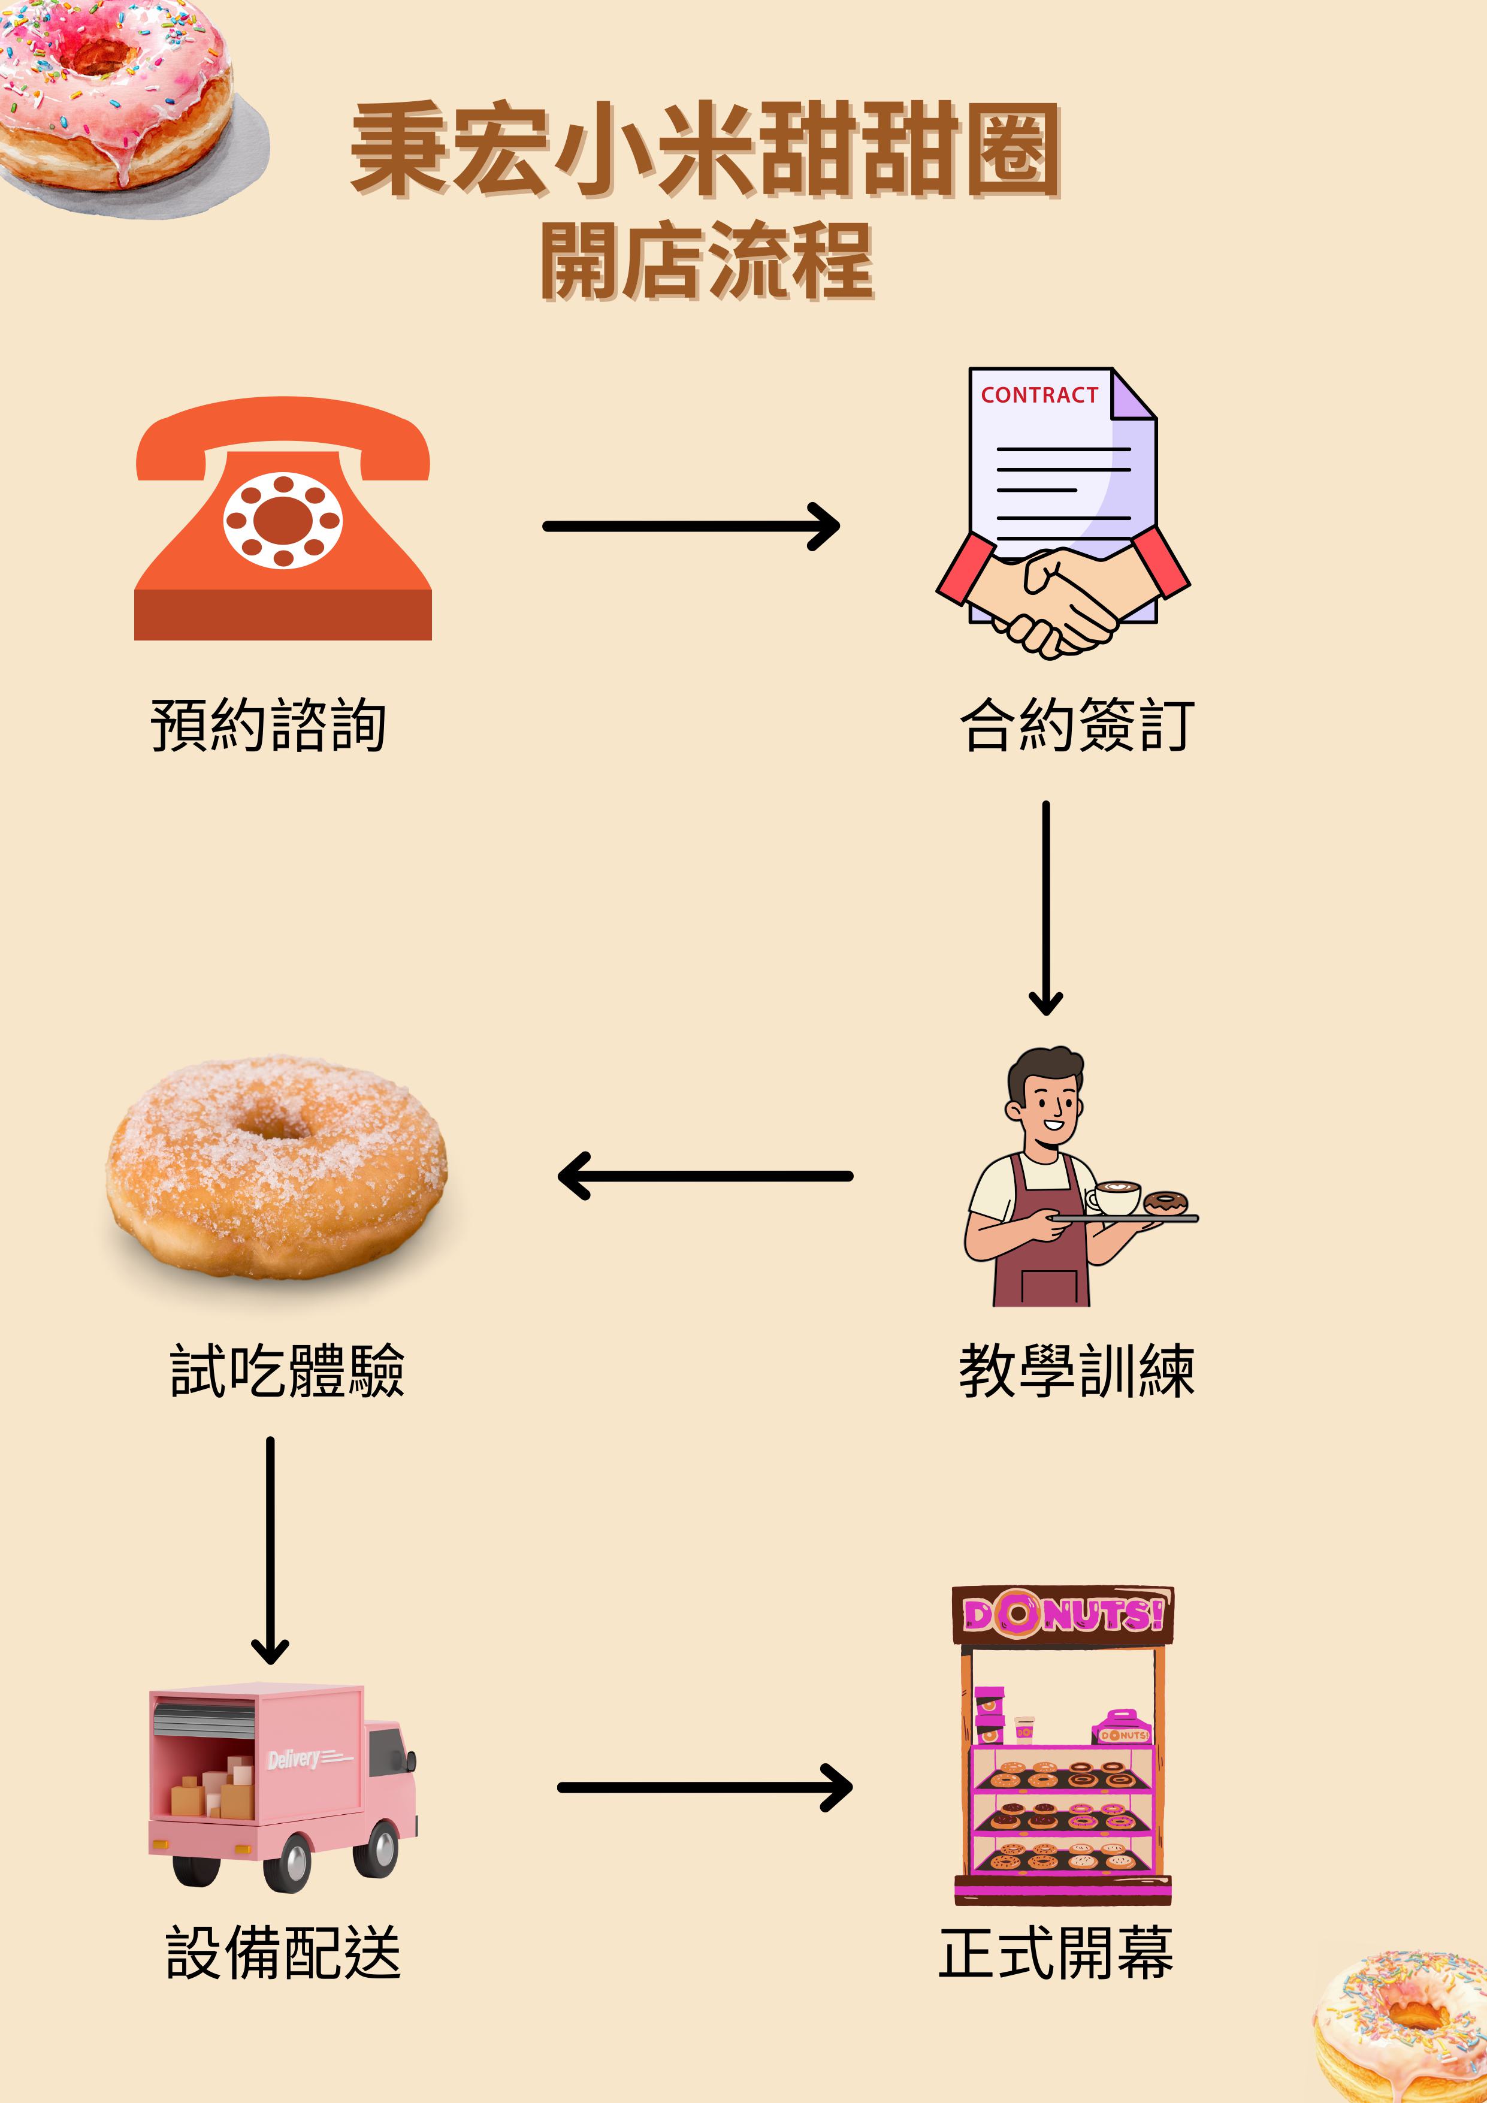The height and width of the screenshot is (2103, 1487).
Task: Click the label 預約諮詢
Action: [268, 726]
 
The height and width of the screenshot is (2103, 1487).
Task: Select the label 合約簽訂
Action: [1077, 726]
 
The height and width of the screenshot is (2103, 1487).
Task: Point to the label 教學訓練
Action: [1077, 1371]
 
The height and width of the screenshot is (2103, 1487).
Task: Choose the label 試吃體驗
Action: [286, 1371]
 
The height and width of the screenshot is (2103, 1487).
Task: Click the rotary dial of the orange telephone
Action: [283, 519]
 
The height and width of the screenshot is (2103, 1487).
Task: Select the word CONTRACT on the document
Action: [1039, 395]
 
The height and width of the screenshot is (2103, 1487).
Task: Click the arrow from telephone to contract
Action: [691, 527]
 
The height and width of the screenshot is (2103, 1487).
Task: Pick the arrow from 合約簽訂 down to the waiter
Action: [1045, 907]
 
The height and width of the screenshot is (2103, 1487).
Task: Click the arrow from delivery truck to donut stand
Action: [705, 1787]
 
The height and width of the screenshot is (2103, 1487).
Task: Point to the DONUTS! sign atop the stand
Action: [1062, 1615]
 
